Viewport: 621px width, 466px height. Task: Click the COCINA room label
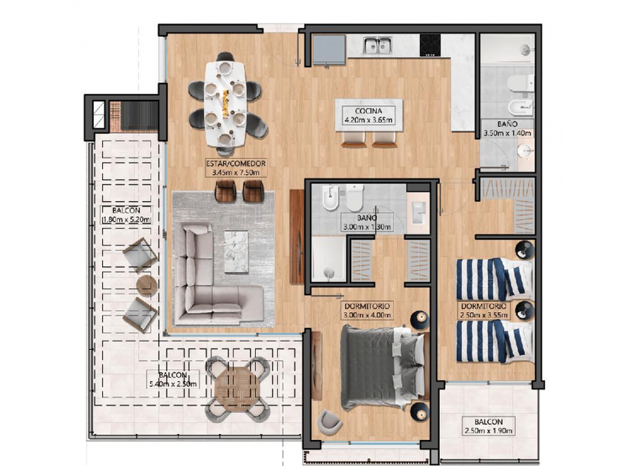[x=368, y=111]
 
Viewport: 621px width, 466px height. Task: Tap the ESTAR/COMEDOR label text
[x=236, y=163]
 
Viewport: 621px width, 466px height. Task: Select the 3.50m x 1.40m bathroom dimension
[x=508, y=133]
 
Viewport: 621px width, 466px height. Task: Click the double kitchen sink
[x=378, y=45]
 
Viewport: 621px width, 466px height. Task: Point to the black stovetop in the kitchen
[x=430, y=44]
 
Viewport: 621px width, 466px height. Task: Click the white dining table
[x=225, y=104]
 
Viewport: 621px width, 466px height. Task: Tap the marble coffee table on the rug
[x=237, y=252]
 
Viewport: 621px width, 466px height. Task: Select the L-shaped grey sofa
[x=214, y=274]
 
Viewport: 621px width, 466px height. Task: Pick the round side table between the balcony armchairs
[x=147, y=286]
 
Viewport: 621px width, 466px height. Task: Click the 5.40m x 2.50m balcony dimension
[x=173, y=384]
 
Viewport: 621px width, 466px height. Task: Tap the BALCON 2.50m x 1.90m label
[x=489, y=426]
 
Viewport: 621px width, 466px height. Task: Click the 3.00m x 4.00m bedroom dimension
[x=368, y=315]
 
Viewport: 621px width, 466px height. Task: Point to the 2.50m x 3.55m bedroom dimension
[x=484, y=315]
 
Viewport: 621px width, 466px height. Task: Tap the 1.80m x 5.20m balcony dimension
[x=126, y=220]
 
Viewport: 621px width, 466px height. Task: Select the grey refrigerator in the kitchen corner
[x=329, y=49]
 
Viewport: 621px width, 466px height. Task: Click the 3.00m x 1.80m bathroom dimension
[x=368, y=227]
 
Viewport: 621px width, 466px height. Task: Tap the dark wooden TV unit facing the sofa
[x=296, y=237]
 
